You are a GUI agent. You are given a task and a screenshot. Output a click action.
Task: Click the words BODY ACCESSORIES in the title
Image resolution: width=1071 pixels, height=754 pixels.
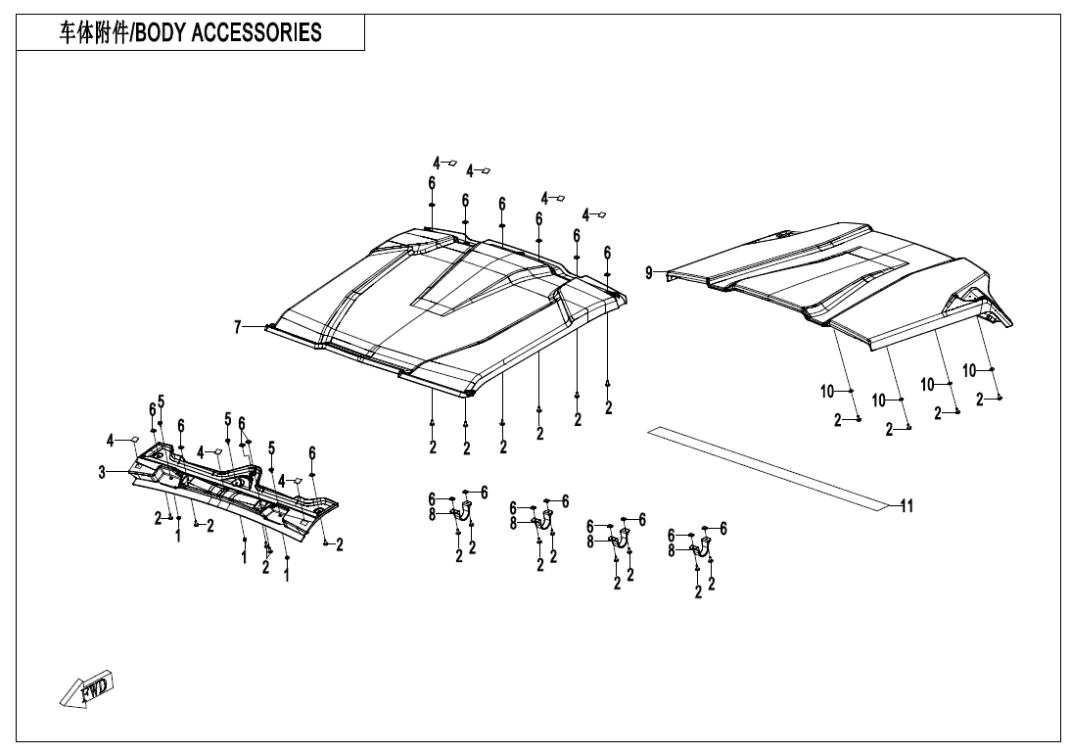click(227, 32)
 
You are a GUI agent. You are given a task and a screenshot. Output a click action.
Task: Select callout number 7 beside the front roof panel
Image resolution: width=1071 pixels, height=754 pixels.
click(237, 327)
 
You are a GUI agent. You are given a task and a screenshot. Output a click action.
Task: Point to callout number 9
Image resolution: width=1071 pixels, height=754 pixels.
click(649, 273)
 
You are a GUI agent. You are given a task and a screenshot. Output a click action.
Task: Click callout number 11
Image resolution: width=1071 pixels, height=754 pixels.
click(907, 505)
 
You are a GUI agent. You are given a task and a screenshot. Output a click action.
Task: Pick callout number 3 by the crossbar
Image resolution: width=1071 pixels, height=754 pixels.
click(101, 473)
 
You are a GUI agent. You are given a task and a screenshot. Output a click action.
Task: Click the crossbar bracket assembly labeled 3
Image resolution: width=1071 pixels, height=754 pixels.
click(235, 490)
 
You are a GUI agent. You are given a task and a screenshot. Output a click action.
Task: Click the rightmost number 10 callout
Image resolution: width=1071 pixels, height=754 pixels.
click(969, 370)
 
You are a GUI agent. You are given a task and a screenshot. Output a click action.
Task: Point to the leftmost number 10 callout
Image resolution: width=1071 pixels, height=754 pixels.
click(827, 392)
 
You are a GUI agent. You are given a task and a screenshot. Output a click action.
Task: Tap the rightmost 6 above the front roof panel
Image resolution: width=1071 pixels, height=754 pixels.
click(607, 253)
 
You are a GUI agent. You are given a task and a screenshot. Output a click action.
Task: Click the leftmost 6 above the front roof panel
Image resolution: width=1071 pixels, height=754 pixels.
click(431, 183)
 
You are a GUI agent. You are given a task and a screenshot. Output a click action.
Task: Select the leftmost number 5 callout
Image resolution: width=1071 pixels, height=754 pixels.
click(161, 401)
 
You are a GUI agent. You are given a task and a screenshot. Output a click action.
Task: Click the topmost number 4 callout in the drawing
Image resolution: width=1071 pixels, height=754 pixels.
click(438, 163)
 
